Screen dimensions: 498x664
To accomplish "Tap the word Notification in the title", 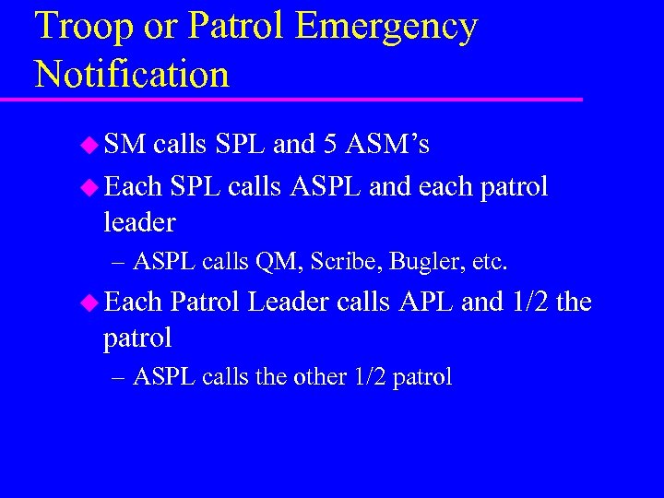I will [132, 74].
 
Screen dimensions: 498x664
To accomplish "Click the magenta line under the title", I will [304, 99].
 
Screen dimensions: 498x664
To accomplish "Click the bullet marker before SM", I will [89, 144].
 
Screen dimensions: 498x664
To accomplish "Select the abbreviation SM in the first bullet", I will [125, 144].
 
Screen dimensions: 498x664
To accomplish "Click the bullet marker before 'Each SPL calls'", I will [89, 187].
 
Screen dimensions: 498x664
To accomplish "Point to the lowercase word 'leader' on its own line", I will [139, 222].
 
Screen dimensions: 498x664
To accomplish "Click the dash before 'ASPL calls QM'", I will [117, 263].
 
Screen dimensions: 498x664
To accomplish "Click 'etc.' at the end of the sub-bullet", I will [488, 263].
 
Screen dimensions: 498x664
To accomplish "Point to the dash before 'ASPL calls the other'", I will [117, 377].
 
